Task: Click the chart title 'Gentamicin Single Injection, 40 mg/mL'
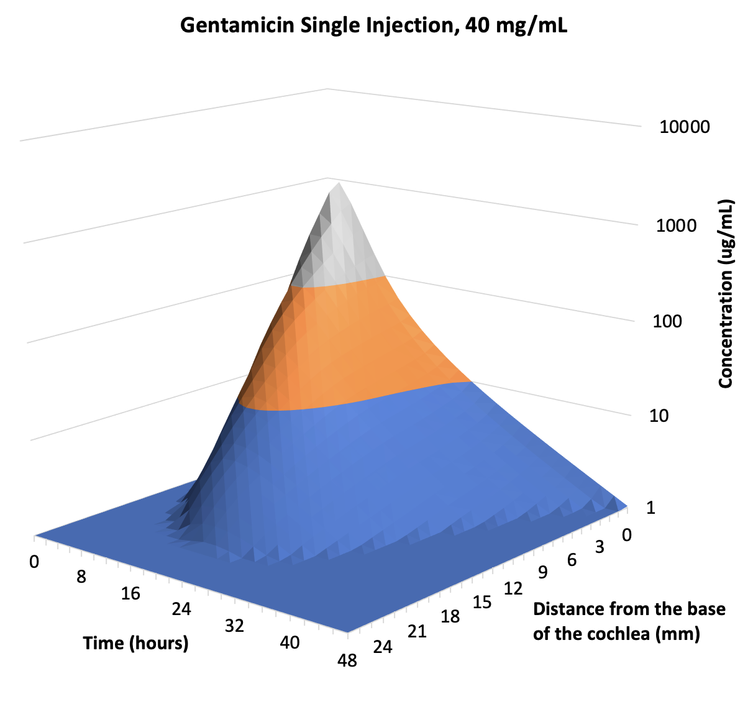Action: (373, 26)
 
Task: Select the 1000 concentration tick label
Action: (676, 226)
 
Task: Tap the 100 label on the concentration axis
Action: (667, 322)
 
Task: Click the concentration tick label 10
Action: (659, 415)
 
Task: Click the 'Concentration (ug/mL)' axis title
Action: (725, 293)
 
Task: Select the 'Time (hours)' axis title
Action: (136, 642)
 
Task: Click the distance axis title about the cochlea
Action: (629, 621)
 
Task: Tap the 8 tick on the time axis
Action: (81, 577)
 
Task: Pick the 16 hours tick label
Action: (130, 594)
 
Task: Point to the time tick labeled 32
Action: (234, 626)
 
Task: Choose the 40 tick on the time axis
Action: (290, 642)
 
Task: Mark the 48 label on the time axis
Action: (347, 660)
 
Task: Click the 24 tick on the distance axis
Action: (383, 647)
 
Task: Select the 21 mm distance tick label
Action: (417, 632)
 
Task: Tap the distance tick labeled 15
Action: (481, 602)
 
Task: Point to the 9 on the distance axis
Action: (542, 572)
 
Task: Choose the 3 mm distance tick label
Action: (600, 547)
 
